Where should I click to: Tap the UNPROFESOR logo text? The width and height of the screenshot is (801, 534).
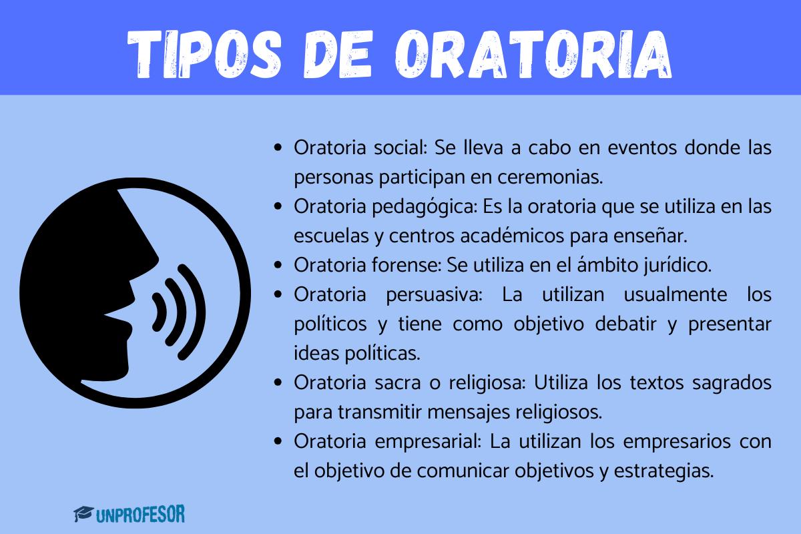coord(140,514)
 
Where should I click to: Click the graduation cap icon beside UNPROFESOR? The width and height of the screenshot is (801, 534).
coord(83,514)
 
